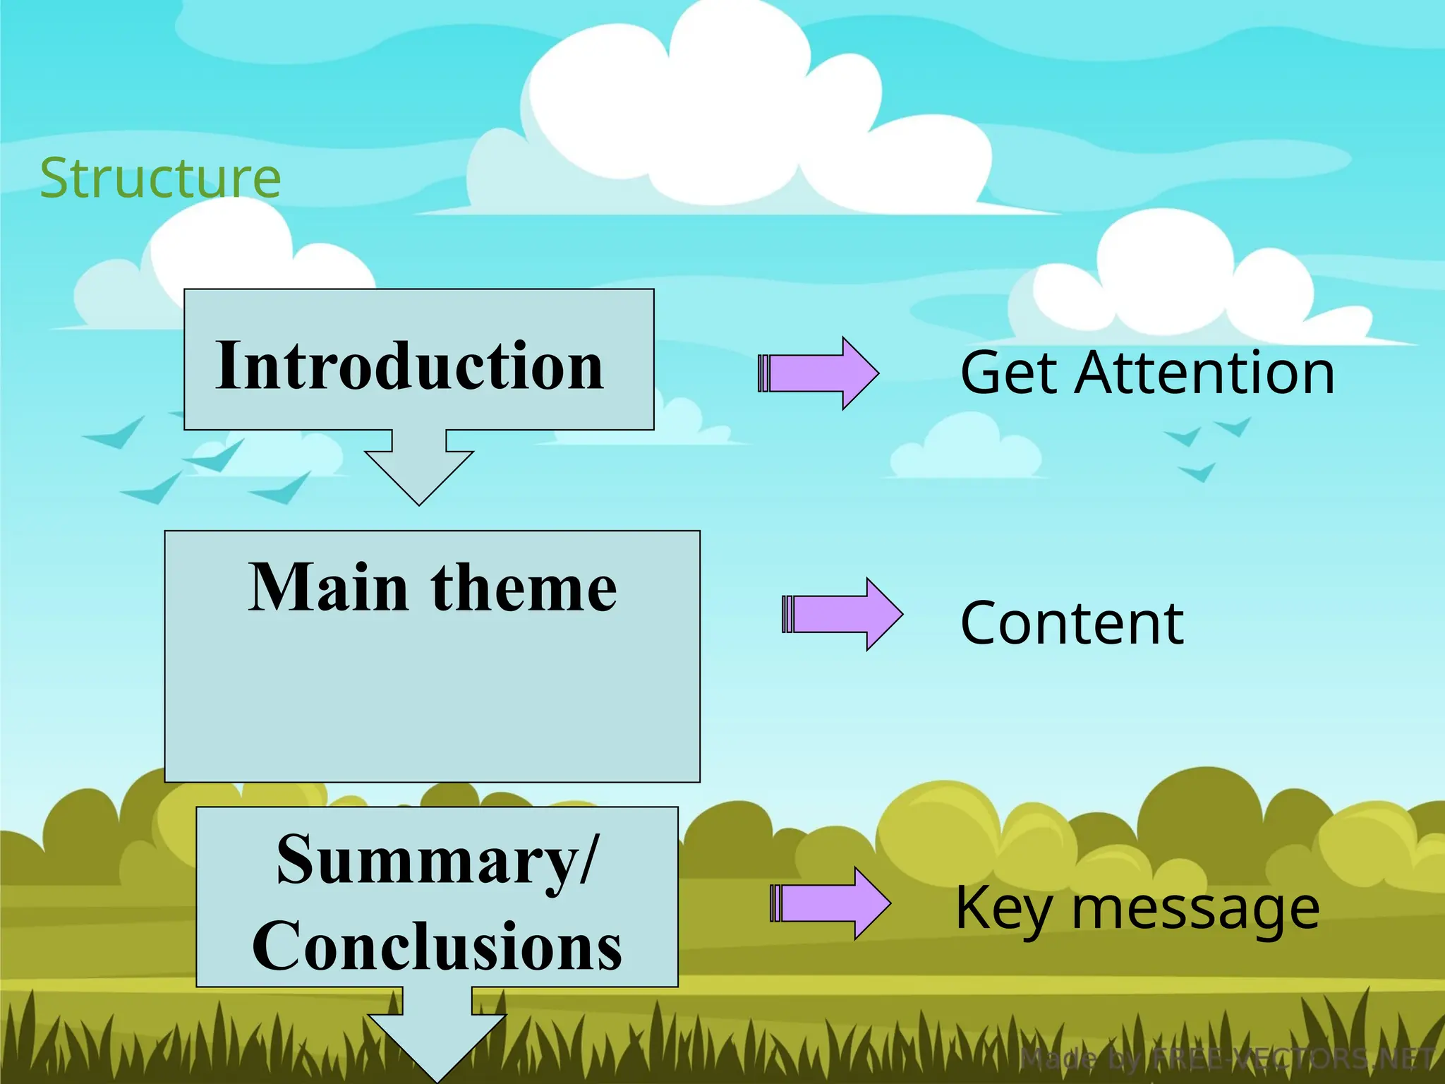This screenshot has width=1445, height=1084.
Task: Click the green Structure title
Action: (160, 178)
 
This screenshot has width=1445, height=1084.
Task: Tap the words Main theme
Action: (432, 587)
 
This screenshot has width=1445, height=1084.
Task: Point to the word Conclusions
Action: (437, 946)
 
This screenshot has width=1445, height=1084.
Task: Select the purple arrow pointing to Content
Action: (844, 614)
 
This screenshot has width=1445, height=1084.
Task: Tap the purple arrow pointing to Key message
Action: (832, 903)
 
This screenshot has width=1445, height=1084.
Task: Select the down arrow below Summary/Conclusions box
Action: (437, 1037)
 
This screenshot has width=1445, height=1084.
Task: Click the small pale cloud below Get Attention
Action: (967, 448)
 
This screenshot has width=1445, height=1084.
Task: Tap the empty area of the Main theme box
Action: (432, 706)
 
